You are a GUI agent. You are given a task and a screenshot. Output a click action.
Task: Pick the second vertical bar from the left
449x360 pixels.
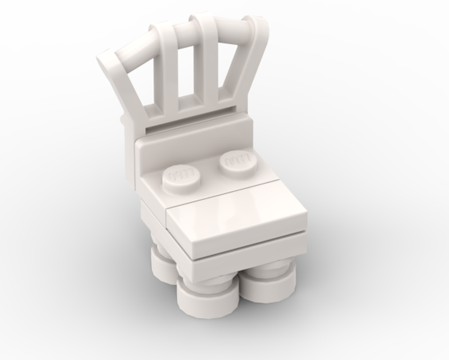pos(169,76)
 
